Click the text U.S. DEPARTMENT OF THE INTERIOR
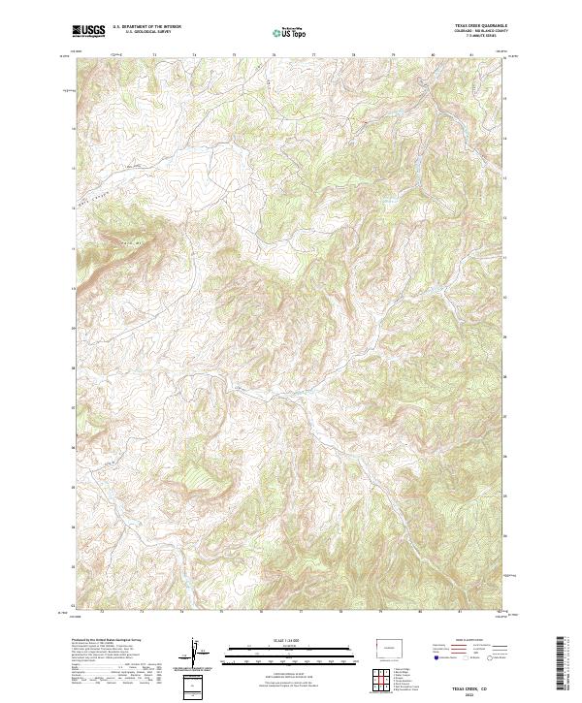[146, 28]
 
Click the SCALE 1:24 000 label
[290, 639]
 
